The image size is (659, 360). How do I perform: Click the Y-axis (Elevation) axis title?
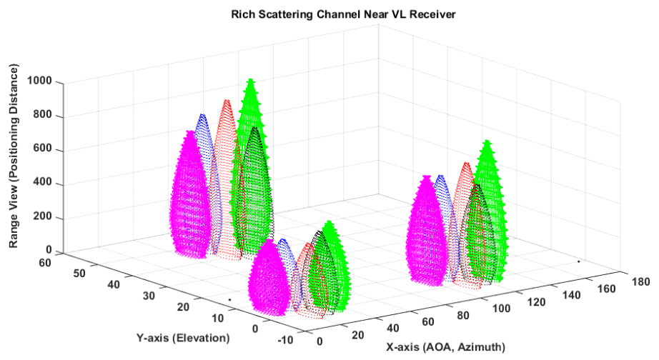click(183, 336)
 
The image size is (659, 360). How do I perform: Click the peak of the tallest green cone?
click(249, 80)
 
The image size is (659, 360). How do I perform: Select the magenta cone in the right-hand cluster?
click(427, 229)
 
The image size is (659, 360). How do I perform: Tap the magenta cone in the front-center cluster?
click(269, 275)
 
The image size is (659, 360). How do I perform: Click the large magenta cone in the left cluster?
click(191, 193)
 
